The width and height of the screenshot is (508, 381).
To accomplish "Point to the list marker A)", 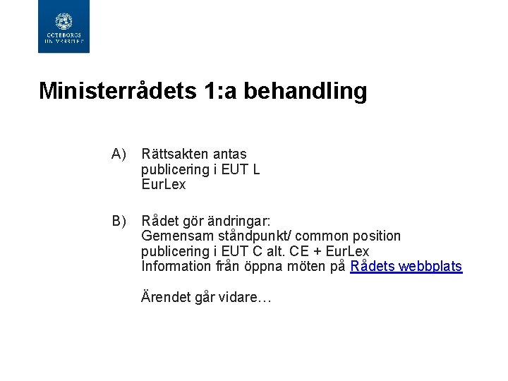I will click(x=118, y=154).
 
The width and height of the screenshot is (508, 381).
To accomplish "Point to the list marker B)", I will click(x=118, y=220).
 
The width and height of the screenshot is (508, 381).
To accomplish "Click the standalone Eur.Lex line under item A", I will click(x=163, y=185).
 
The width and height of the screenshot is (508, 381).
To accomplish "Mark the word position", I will click(x=375, y=236).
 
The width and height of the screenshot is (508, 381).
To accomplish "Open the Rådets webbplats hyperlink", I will click(x=406, y=267).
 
